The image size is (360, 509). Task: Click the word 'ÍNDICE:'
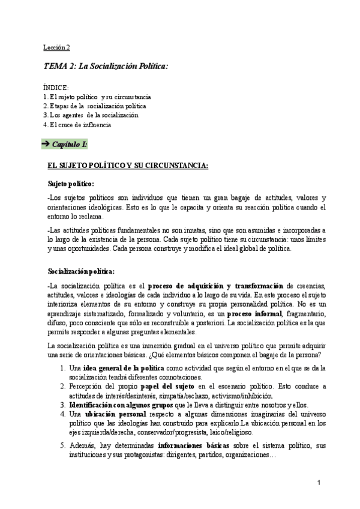56,88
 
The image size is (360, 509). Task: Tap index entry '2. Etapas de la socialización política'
95,106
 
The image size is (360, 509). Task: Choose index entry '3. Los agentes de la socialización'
91,115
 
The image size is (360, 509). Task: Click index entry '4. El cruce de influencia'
77,124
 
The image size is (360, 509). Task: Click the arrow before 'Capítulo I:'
46,145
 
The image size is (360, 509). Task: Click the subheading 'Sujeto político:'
71,183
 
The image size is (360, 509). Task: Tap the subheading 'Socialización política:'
80,271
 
